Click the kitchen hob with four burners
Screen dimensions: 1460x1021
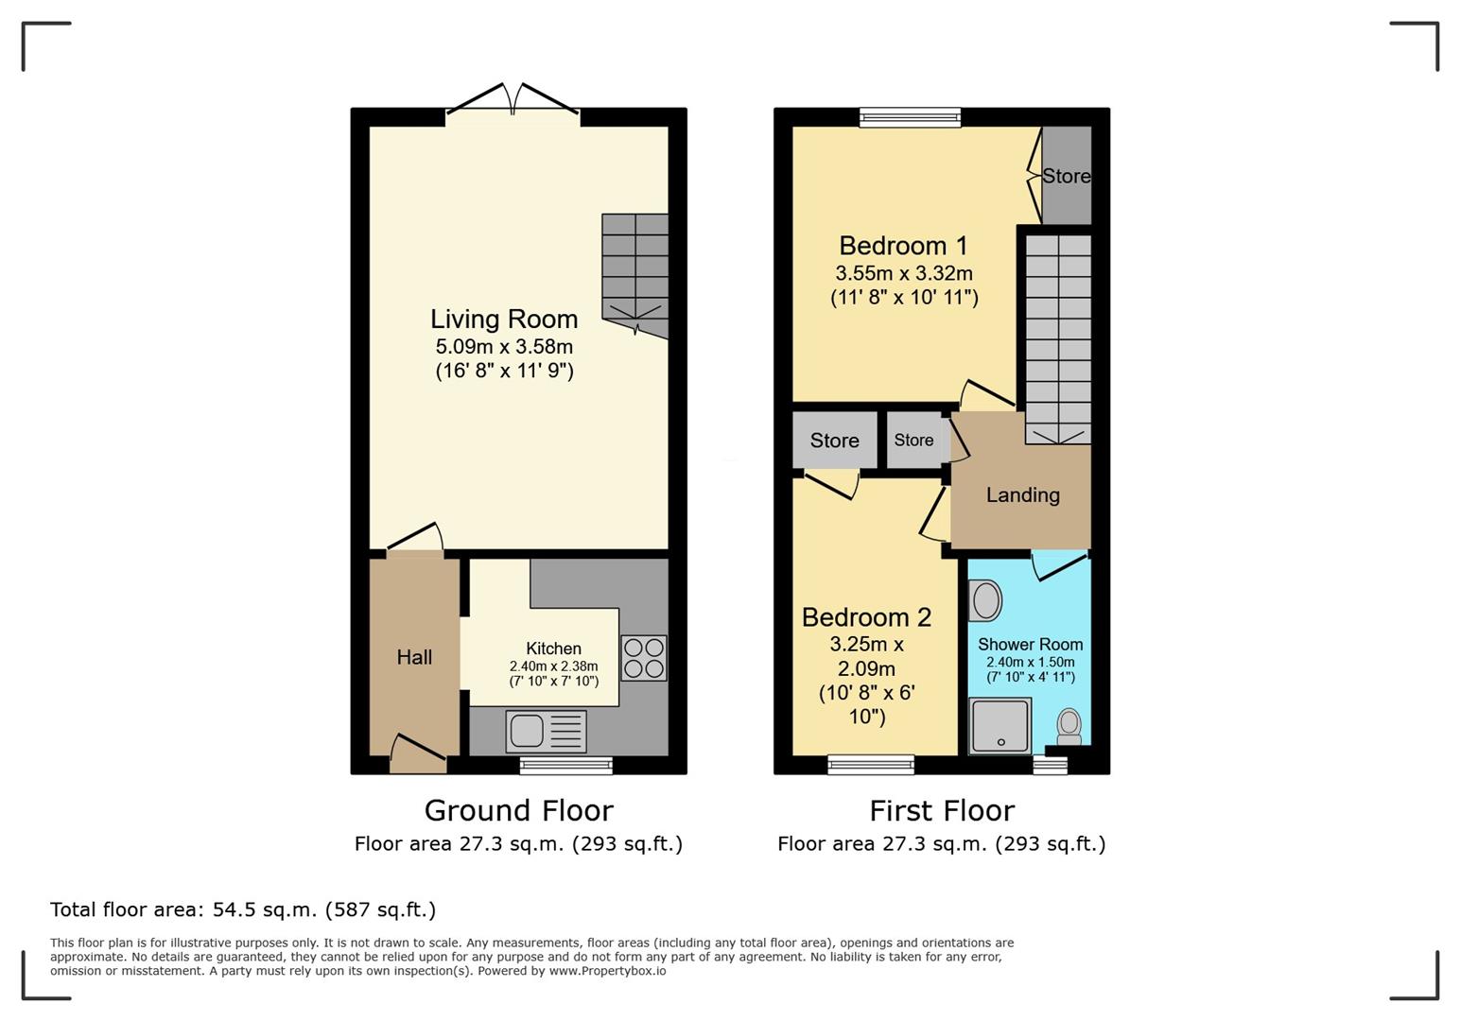click(643, 657)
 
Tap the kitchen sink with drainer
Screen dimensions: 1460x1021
click(546, 731)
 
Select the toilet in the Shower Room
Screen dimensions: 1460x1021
click(1069, 726)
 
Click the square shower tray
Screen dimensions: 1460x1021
click(999, 726)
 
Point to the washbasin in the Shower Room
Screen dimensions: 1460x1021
click(985, 600)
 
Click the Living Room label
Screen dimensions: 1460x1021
click(504, 320)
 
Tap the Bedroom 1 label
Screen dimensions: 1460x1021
click(903, 246)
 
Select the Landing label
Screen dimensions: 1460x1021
click(1022, 495)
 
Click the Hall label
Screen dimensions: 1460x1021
click(414, 657)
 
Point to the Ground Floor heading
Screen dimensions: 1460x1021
click(519, 811)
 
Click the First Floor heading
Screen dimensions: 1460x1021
click(942, 811)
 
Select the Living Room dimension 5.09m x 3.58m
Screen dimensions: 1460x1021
click(505, 347)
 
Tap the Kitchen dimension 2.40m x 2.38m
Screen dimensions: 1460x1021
click(553, 666)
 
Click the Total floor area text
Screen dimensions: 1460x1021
click(243, 909)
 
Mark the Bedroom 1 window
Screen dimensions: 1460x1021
click(910, 117)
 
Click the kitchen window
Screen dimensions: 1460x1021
click(565, 766)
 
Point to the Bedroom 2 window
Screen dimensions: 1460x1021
click(871, 765)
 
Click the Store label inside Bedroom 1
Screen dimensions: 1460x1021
click(1067, 176)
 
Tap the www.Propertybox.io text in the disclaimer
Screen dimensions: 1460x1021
click(607, 971)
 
